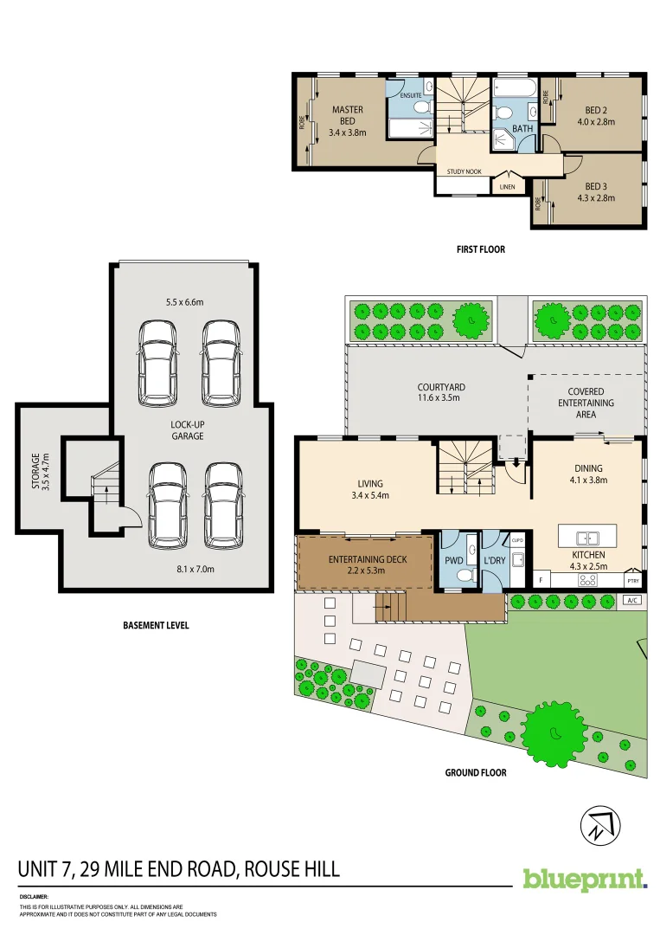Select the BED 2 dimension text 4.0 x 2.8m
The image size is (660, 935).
(x=596, y=122)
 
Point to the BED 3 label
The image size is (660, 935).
(x=596, y=186)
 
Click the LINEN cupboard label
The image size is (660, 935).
(x=507, y=186)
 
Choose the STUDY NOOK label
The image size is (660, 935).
(x=464, y=171)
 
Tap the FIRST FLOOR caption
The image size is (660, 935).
(x=480, y=249)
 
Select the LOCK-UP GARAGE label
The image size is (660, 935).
(x=187, y=430)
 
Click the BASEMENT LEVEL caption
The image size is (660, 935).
(x=156, y=625)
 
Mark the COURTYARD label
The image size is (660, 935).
(x=441, y=388)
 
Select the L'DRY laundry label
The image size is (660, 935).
(x=494, y=560)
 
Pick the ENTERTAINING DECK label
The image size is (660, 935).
(x=367, y=560)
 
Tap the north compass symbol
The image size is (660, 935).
(x=599, y=823)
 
